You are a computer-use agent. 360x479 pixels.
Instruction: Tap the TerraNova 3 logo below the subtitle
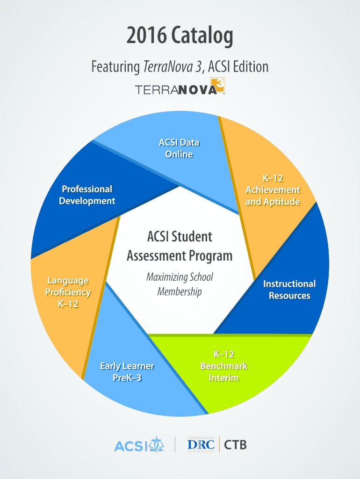click(180, 87)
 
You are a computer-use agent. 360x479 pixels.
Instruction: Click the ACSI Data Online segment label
click(179, 148)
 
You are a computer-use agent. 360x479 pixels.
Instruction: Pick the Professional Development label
click(87, 195)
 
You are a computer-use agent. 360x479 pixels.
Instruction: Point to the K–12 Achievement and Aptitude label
click(273, 190)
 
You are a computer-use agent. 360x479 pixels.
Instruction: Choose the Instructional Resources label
click(289, 290)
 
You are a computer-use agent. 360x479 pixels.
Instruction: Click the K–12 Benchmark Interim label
click(224, 366)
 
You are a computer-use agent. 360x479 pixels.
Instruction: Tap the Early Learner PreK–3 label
click(127, 371)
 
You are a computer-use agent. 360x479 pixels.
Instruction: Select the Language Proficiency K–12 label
click(68, 292)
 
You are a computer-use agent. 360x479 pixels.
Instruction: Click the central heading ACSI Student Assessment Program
click(180, 246)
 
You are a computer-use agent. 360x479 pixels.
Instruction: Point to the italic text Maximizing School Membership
click(180, 284)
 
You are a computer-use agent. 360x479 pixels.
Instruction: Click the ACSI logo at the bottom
click(139, 444)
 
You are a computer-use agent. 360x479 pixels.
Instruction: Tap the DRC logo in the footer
click(201, 444)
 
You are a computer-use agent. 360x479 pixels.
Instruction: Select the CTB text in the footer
click(235, 444)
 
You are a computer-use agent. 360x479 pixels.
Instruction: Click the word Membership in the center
click(180, 292)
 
